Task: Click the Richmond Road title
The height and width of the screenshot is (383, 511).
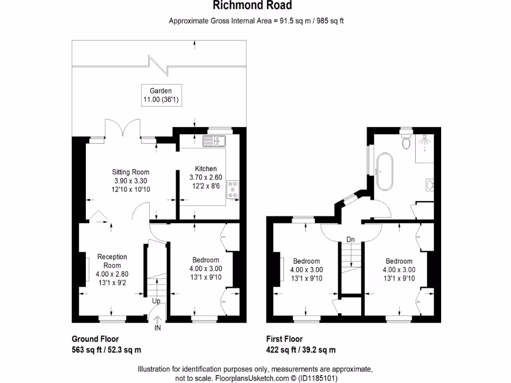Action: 252,6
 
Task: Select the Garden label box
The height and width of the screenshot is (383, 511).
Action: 161,96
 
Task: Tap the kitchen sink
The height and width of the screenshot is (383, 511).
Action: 215,141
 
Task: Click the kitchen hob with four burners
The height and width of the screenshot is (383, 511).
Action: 233,190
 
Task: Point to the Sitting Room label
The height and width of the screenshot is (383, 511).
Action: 130,181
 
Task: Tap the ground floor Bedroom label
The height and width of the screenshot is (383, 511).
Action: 206,269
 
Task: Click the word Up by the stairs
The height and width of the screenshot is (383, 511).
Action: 156,301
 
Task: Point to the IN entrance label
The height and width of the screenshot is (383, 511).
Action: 158,328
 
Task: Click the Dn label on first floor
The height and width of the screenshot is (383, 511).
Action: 351,240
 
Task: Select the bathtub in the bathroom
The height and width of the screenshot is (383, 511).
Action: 385,172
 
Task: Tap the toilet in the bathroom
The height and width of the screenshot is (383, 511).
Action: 407,142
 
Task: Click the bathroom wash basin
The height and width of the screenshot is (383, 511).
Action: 430,186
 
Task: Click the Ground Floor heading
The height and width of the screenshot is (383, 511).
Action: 95,339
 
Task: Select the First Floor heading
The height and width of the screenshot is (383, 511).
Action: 284,339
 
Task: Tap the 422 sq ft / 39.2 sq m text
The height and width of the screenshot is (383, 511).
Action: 301,350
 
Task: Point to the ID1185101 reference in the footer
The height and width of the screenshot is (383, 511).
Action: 318,379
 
